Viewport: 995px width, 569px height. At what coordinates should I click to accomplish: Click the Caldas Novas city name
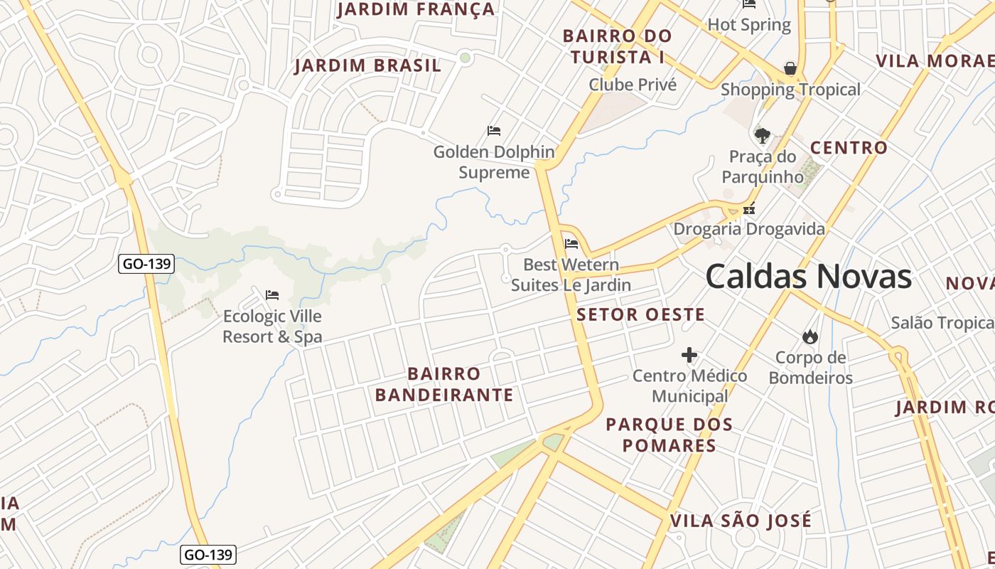[808, 277]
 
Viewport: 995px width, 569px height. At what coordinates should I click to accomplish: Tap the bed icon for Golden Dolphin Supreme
[494, 131]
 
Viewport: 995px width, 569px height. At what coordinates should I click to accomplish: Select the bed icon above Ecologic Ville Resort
[272, 295]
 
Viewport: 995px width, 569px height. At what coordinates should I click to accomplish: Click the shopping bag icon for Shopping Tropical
[790, 68]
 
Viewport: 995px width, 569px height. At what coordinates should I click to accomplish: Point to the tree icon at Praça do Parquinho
[763, 135]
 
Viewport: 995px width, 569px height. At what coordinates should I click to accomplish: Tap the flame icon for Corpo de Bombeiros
[810, 336]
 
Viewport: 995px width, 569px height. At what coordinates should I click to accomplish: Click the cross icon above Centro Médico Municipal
[689, 355]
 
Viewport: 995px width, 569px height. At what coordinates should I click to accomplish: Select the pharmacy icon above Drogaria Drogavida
[748, 210]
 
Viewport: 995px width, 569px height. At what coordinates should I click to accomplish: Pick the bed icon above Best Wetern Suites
[571, 245]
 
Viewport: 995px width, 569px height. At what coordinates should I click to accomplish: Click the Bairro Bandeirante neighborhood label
[444, 384]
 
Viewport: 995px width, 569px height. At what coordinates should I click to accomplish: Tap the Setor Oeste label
[640, 314]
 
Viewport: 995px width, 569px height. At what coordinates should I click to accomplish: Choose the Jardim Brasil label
[367, 65]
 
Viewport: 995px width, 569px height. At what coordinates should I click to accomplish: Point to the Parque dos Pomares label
[669, 435]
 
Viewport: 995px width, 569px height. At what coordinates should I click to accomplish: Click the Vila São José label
[740, 521]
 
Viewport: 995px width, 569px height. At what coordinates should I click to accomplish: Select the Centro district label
[849, 148]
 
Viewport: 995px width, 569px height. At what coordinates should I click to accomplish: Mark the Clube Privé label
[633, 85]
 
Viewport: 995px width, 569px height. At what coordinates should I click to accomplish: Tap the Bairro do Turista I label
[617, 46]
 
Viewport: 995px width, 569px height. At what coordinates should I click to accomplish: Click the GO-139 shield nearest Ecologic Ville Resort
[146, 264]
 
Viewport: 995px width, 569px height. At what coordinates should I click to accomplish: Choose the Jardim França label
[415, 9]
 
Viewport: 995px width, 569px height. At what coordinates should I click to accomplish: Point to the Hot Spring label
[749, 25]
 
